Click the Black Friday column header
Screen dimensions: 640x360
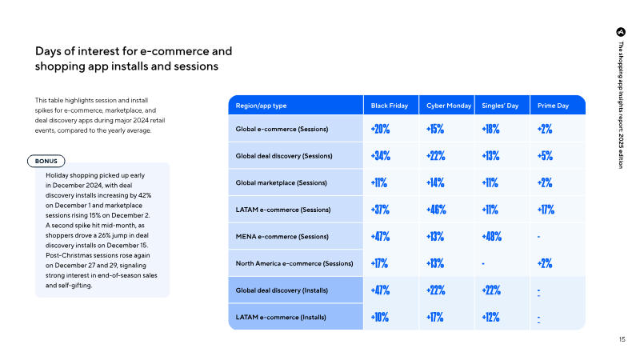(389, 106)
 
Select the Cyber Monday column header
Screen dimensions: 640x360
(449, 106)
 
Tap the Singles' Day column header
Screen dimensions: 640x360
(500, 106)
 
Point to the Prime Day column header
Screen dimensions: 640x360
(553, 106)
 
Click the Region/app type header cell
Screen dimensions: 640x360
(261, 106)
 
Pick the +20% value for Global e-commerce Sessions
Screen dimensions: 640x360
(380, 129)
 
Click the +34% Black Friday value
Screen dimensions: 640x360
(381, 156)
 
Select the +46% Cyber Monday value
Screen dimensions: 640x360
(436, 210)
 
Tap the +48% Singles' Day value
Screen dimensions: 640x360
(491, 237)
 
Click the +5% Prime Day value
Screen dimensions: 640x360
(545, 156)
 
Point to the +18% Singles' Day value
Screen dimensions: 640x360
(490, 129)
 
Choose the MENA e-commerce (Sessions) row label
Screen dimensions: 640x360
(282, 237)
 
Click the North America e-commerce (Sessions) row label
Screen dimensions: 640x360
(294, 264)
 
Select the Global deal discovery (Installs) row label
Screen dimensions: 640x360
(282, 290)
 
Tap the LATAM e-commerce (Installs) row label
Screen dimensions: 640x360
(281, 318)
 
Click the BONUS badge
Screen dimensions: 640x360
(46, 162)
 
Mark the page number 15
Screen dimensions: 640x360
(622, 339)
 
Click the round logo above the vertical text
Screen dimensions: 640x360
(621, 32)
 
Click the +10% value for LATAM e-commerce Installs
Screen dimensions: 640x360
(379, 318)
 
